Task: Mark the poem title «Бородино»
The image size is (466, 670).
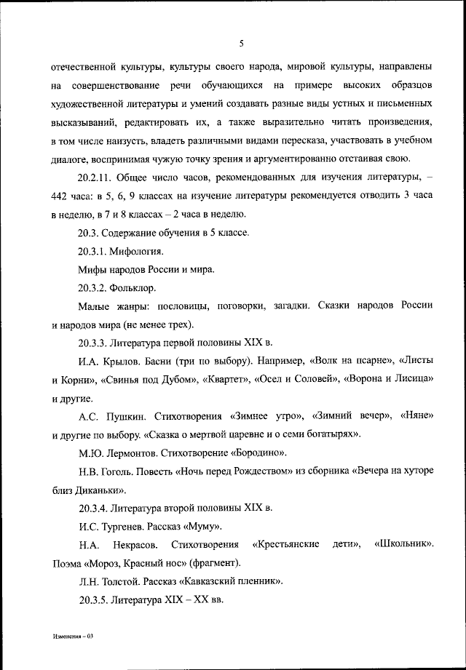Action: tap(252, 453)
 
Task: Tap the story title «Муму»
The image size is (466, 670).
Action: tap(200, 526)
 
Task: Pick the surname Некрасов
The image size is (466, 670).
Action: tap(135, 545)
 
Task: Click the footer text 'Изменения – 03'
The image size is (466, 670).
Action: tap(74, 636)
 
